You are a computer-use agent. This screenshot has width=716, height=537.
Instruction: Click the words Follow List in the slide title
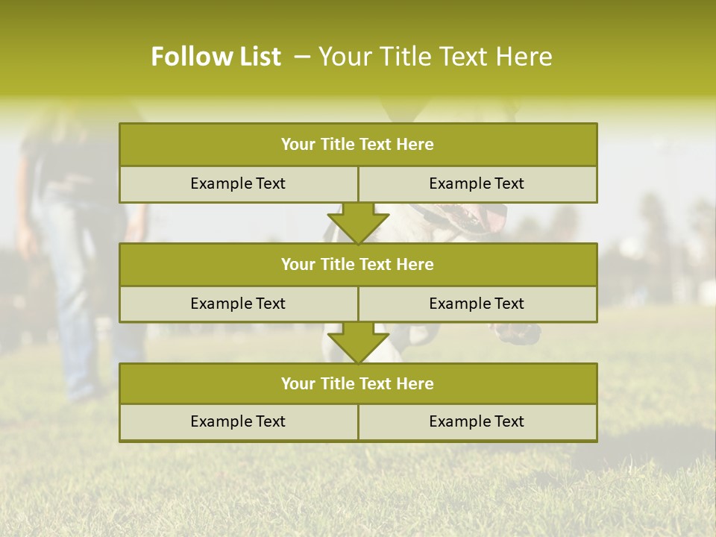216,57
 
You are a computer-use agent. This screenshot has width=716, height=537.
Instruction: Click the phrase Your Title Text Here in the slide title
435,57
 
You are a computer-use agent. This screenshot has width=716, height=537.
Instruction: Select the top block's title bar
358,145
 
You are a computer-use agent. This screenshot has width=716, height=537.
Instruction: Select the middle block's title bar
358,264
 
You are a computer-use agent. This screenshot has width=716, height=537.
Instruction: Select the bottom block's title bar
358,383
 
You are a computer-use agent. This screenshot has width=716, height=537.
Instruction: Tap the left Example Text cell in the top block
238,183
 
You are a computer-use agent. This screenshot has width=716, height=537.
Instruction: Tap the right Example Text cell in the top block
477,183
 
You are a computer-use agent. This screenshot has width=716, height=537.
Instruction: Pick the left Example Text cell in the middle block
238,304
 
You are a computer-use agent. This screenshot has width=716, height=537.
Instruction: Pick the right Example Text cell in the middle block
477,304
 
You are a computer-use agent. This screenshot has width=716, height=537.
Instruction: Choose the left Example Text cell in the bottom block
238,421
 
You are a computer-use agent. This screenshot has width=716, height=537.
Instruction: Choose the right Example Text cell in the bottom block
477,421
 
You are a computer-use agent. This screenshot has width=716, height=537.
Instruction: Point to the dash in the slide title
302,57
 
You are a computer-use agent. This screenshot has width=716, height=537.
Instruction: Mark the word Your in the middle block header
298,264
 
